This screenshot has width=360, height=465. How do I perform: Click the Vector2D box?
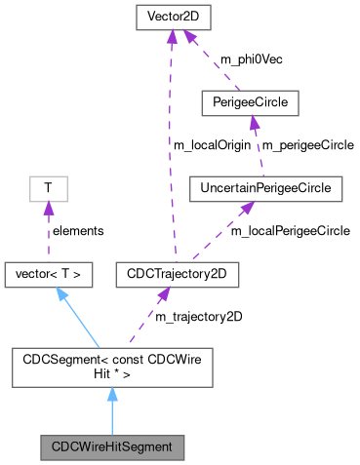click(x=171, y=18)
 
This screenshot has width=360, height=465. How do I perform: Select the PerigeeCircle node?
click(x=248, y=101)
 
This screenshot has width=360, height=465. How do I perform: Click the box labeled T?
click(x=46, y=185)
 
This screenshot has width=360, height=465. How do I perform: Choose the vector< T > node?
click(x=49, y=276)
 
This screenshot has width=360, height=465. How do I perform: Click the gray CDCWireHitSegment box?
click(x=111, y=448)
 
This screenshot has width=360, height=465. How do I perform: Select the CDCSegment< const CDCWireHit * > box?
click(x=111, y=367)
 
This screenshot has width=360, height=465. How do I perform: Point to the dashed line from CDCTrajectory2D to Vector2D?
click(x=173, y=146)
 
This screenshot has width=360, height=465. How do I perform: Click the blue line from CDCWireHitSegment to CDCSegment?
click(x=111, y=414)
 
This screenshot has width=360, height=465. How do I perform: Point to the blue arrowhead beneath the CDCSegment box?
click(x=111, y=394)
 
